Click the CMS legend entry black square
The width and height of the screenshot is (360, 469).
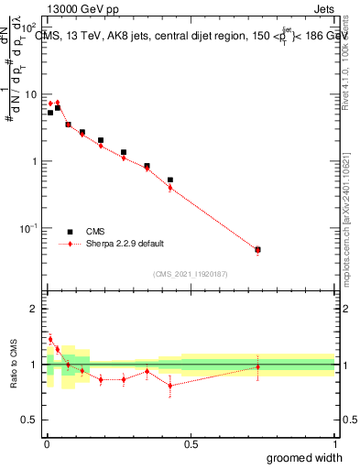[x=70, y=232]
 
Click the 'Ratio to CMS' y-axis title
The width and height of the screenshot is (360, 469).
[x=13, y=365]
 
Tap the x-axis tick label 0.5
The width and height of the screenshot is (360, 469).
[x=191, y=444]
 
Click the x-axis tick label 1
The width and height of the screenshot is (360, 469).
[x=334, y=444]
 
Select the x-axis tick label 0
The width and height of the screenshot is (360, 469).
[x=47, y=444]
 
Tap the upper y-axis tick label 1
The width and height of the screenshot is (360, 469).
[x=33, y=161]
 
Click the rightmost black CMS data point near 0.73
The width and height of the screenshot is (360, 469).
[x=257, y=249]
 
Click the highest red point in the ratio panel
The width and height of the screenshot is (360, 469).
[x=50, y=339]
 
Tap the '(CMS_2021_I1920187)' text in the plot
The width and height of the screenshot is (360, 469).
[x=191, y=273]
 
